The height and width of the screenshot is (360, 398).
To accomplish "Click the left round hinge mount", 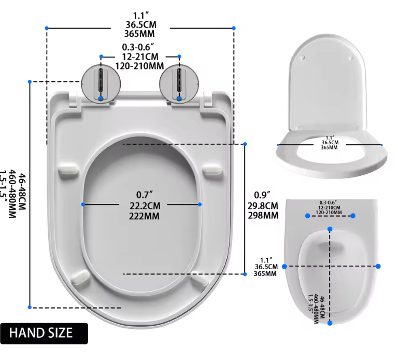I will tap(101, 84).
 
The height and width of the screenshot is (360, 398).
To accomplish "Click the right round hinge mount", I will tap(179, 84).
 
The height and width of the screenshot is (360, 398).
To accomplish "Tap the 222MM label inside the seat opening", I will tap(141, 215).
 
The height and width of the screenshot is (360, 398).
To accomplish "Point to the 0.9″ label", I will tap(261, 195).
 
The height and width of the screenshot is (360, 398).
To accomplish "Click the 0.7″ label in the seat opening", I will tap(141, 195).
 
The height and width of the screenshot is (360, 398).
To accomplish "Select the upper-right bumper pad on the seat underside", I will tap(212, 170).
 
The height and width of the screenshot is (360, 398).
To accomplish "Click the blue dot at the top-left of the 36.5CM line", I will tap(47, 27).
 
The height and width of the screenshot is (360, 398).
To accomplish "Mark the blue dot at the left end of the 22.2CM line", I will tap(83, 204).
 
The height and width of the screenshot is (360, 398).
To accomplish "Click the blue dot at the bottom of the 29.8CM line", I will tap(245, 273).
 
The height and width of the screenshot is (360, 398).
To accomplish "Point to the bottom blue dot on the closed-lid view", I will tap(330, 323).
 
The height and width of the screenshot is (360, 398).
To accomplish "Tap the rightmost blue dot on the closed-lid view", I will tap(378, 266).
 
